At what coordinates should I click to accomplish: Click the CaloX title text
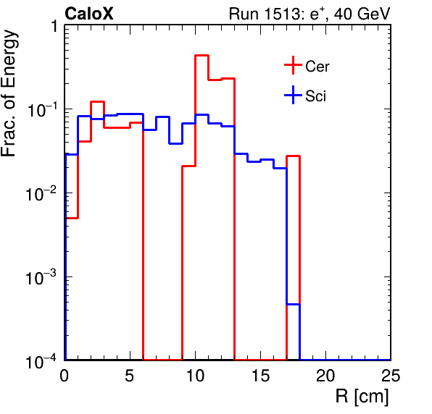click(x=89, y=14)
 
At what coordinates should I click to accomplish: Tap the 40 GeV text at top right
click(x=362, y=14)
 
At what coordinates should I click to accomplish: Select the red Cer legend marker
click(x=293, y=65)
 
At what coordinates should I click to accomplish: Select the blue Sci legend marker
click(x=293, y=95)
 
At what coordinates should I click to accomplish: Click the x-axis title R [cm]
click(x=362, y=396)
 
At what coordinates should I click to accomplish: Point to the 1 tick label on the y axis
click(x=54, y=26)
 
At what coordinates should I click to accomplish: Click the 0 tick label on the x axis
click(x=65, y=375)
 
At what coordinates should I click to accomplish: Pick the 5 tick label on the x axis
click(x=130, y=375)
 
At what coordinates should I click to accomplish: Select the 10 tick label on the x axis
click(x=195, y=375)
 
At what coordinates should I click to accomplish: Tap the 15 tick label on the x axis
click(x=260, y=375)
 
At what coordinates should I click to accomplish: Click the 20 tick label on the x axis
click(x=325, y=375)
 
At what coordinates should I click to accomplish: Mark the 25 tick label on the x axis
click(x=391, y=375)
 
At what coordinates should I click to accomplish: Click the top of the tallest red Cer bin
click(x=202, y=56)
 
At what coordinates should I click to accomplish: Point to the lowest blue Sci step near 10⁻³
click(x=293, y=304)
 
